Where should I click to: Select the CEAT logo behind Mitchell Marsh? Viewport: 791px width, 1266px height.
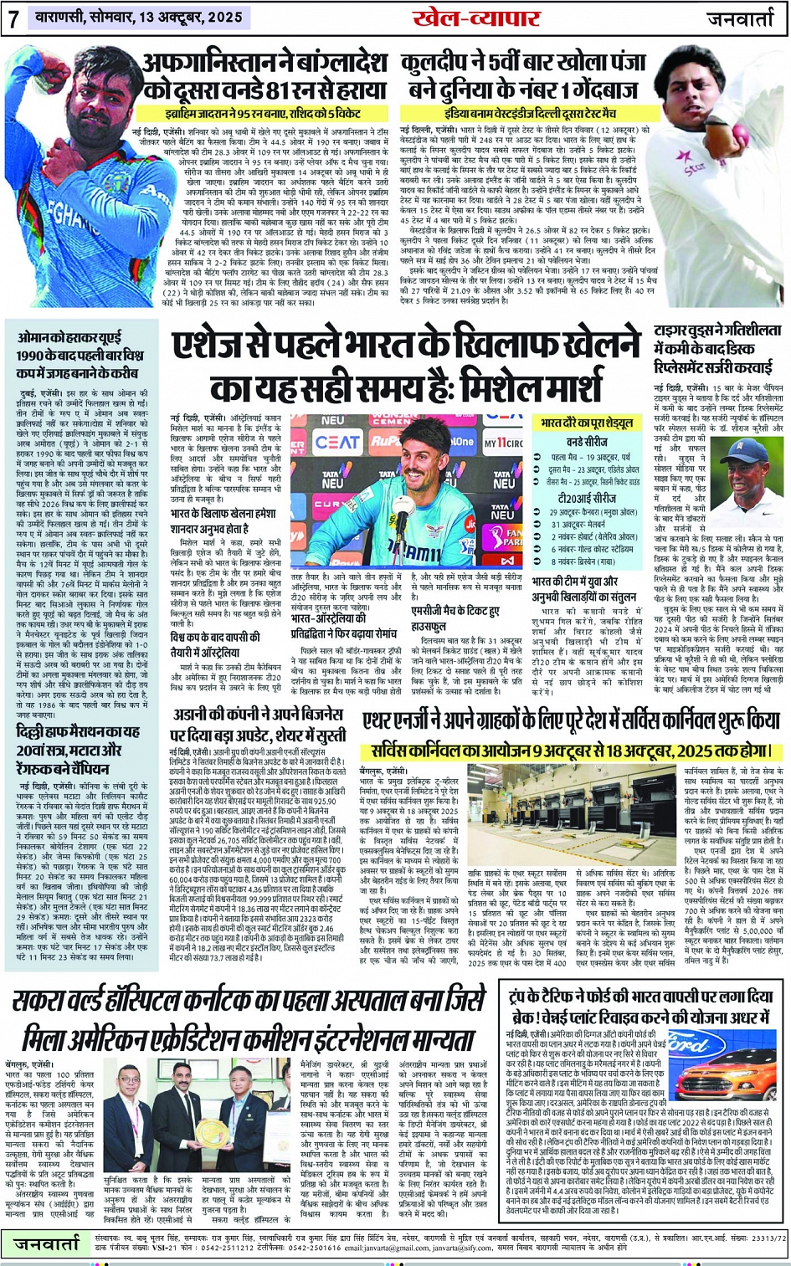coord(337,442)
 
